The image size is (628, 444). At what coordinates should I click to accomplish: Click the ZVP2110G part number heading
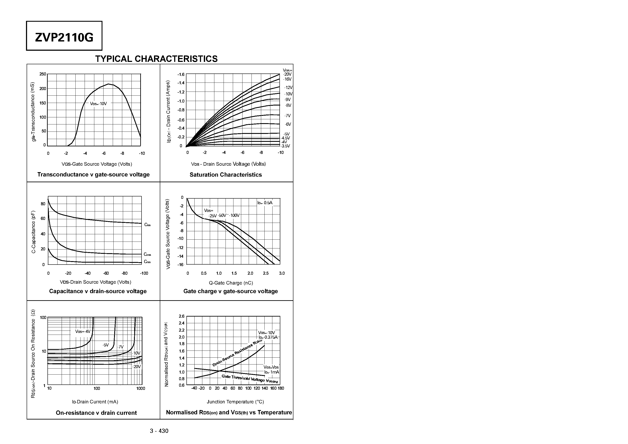64,37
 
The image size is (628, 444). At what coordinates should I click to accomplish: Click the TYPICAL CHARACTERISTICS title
156,59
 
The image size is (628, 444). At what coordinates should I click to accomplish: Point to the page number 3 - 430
159,431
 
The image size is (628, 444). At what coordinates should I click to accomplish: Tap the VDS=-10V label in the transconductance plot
98,104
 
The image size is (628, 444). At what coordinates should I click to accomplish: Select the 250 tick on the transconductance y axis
43,74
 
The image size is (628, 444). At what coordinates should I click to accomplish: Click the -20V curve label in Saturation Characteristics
287,74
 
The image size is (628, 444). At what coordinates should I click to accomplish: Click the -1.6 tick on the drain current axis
181,74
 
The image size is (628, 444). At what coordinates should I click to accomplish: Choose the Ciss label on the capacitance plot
147,225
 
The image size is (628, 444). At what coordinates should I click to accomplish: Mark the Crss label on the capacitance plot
147,262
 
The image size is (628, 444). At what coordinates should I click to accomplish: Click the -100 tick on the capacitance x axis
144,273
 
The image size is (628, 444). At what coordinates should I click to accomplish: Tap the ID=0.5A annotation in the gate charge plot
265,203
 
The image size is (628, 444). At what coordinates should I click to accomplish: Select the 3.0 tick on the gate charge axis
282,273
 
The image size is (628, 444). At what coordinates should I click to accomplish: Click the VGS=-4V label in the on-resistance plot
83,331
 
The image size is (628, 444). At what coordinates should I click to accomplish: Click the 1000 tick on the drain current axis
141,388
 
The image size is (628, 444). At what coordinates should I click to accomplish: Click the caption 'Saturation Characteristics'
226,175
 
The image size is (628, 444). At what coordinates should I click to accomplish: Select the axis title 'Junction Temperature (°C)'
235,402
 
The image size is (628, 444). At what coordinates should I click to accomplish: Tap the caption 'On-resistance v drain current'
96,413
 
